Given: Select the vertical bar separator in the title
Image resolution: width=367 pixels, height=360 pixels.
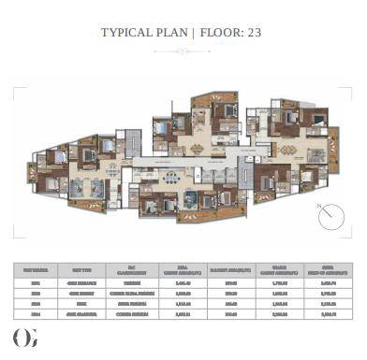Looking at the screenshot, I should coord(193,33).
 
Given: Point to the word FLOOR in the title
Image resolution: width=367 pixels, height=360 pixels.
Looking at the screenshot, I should coord(223,33).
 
